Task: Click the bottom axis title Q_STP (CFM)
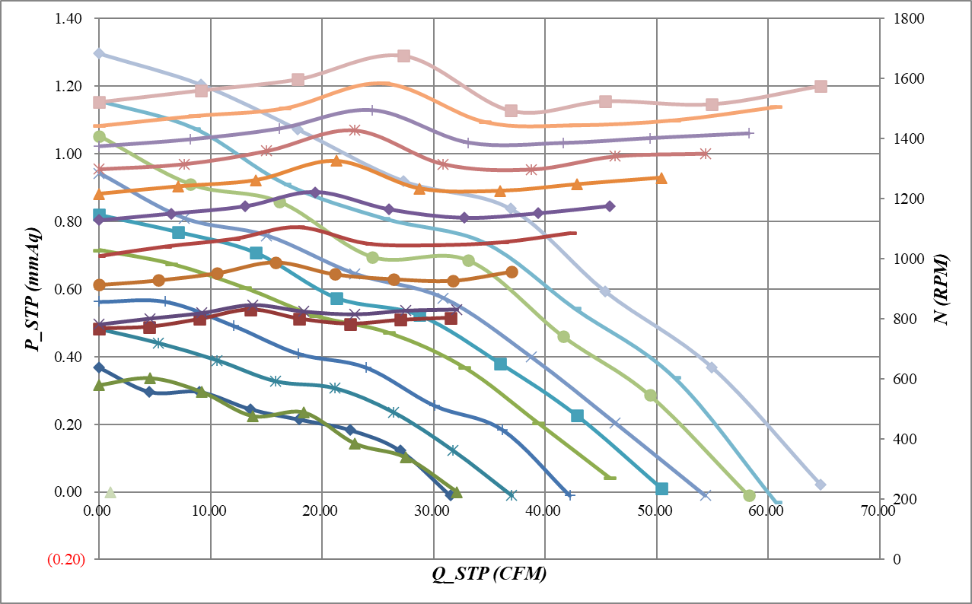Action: (x=489, y=574)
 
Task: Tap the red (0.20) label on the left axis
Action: (x=67, y=560)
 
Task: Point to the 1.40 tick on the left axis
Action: (x=68, y=18)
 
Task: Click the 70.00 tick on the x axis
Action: (x=878, y=512)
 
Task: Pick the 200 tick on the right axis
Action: (x=894, y=499)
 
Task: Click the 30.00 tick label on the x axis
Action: (x=433, y=512)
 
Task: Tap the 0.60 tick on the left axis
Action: (x=68, y=289)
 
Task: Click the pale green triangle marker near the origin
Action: (x=110, y=493)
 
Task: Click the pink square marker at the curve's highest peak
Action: (x=404, y=56)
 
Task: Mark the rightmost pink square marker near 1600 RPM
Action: (x=821, y=86)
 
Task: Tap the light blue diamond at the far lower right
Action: (x=820, y=485)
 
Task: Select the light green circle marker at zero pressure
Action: (x=749, y=496)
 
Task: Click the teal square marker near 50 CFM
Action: (x=661, y=488)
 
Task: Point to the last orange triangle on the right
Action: (x=661, y=178)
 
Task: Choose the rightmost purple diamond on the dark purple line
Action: (x=610, y=206)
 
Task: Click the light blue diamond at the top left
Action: (x=99, y=53)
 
